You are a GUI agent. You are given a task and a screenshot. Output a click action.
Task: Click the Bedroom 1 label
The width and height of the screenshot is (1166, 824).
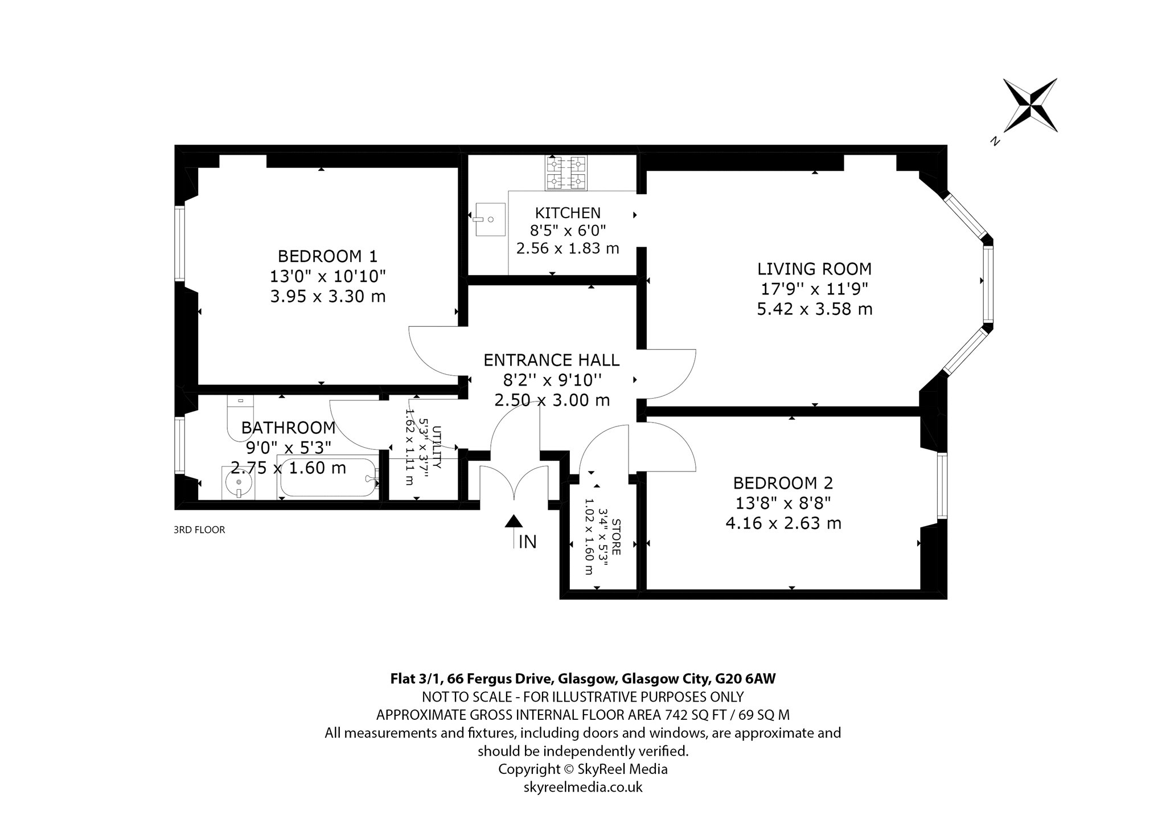[327, 256]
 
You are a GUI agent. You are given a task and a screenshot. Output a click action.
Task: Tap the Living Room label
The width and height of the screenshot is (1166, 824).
[814, 269]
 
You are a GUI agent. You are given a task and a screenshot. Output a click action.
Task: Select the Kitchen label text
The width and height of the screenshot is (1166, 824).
[568, 213]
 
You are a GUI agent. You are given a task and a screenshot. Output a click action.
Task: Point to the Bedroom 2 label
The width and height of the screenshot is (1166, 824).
[783, 483]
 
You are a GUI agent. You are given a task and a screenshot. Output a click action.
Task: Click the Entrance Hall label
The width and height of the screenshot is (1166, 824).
[551, 360]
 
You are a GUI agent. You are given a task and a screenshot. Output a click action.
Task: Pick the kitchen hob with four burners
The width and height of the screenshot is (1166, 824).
[566, 173]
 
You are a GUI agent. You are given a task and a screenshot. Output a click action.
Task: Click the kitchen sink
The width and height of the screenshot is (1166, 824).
[490, 219]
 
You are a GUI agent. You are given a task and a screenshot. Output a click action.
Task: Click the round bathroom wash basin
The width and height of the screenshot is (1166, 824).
[238, 483]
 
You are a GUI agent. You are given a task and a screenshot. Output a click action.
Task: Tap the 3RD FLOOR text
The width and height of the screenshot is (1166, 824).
[199, 530]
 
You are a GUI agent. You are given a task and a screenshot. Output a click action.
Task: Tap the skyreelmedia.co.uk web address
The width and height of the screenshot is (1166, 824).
[583, 787]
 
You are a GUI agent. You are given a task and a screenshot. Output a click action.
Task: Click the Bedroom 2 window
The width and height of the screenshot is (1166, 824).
[942, 486]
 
